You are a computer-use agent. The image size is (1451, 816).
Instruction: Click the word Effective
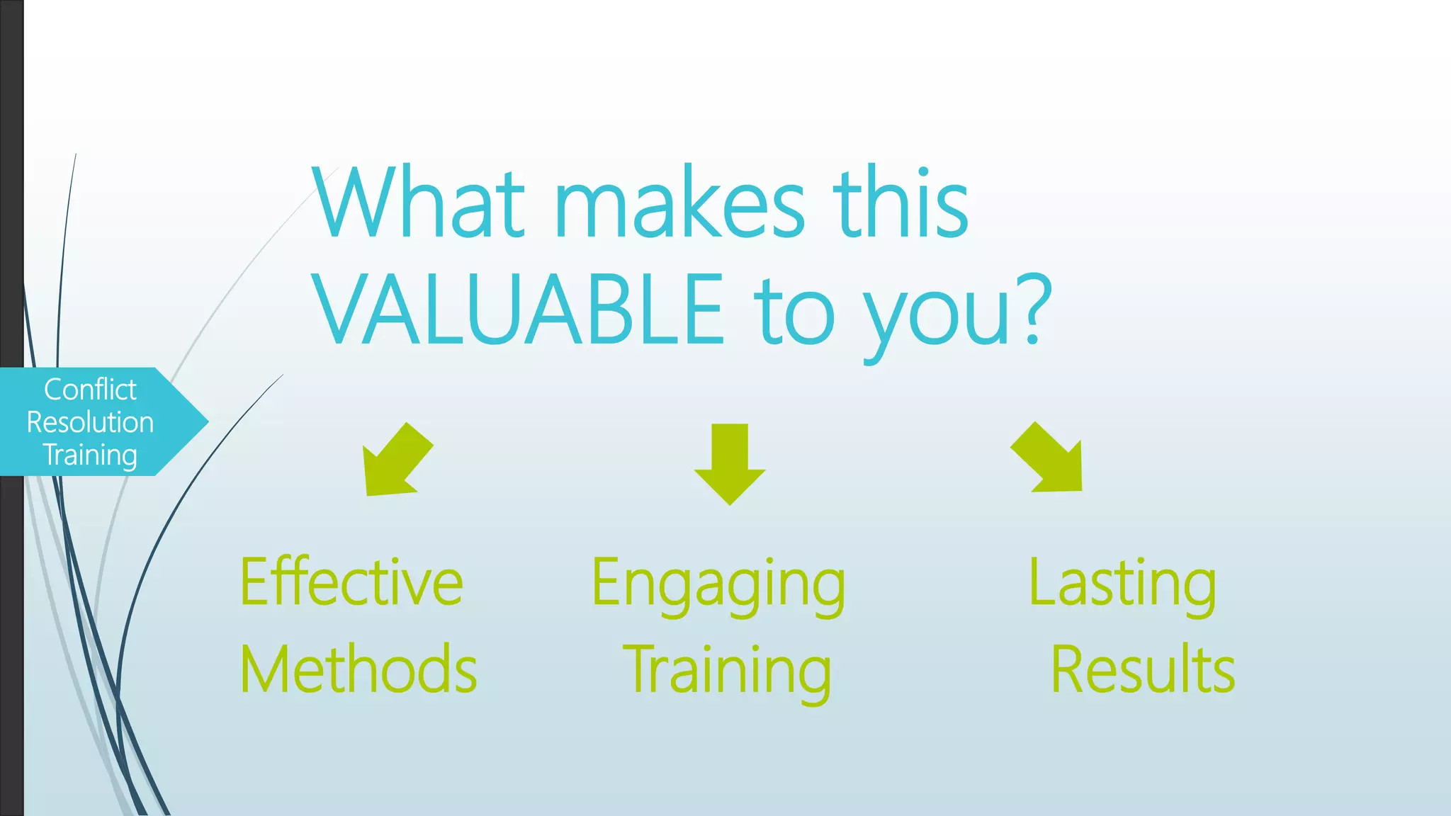[351, 582]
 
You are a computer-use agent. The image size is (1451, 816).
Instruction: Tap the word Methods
[358, 669]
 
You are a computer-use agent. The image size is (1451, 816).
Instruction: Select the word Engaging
[718, 584]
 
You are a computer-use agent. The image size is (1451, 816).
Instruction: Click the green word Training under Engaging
[727, 671]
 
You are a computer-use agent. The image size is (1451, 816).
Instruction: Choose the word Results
[1143, 669]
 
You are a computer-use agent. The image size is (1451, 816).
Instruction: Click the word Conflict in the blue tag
[90, 390]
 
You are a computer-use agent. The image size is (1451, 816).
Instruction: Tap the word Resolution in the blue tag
[90, 422]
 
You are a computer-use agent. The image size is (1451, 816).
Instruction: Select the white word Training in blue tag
[90, 455]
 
